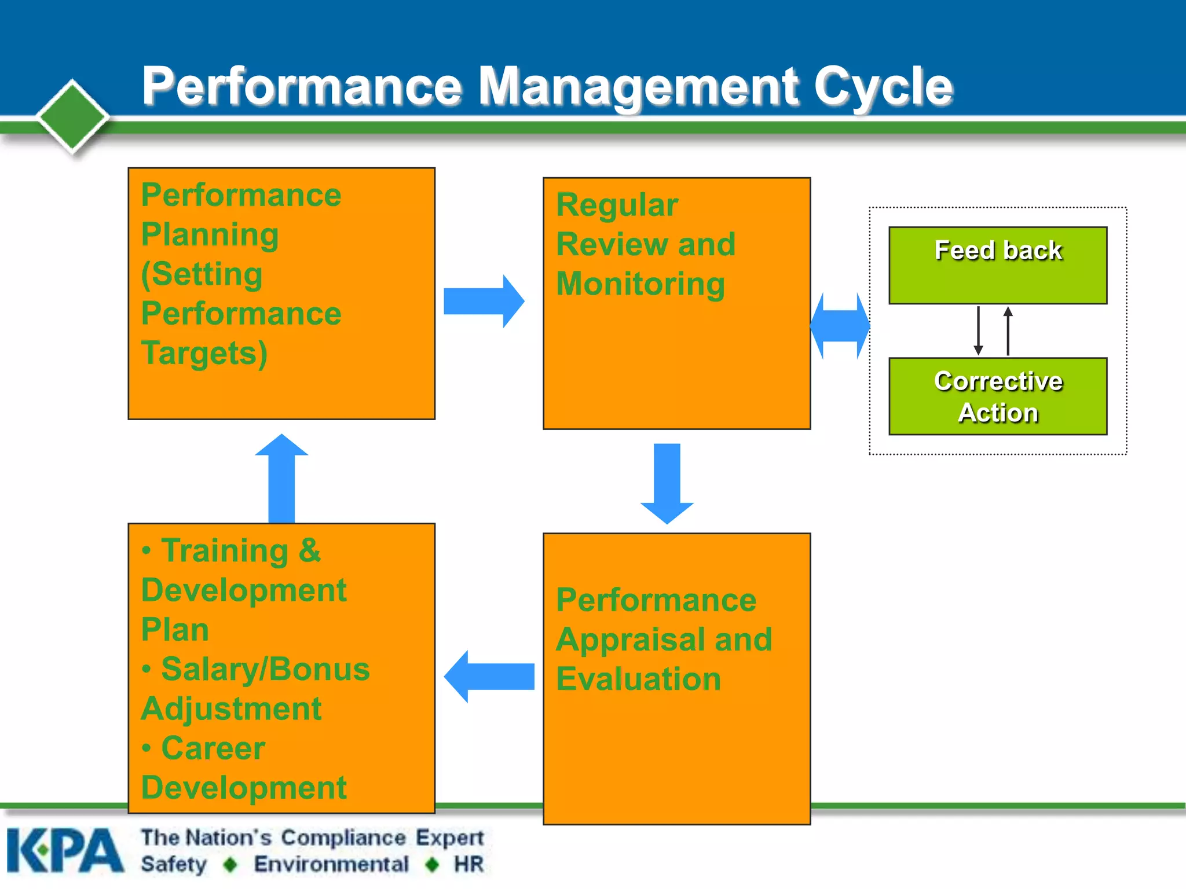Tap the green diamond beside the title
tap(73, 116)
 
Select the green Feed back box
tap(998, 265)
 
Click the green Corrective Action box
tap(998, 396)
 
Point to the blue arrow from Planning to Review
tap(484, 302)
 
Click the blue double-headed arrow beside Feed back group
tap(840, 326)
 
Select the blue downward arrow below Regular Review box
tap(667, 483)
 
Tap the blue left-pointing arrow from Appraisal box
tap(489, 676)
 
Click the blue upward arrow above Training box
tap(281, 477)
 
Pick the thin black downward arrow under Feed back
tap(978, 330)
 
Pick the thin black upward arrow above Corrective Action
tap(1008, 330)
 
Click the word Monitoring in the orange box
tap(640, 284)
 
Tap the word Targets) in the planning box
tap(204, 353)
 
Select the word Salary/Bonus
tap(265, 669)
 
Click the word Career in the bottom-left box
tap(213, 748)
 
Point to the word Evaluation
tap(638, 679)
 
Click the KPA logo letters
tap(65, 851)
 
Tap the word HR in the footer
tap(468, 864)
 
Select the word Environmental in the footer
tap(331, 864)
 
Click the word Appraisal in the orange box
tap(631, 640)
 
